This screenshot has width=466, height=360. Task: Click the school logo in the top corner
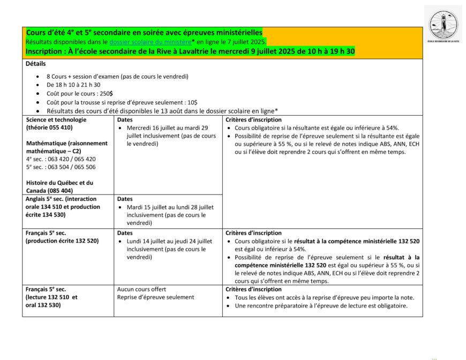click(443, 25)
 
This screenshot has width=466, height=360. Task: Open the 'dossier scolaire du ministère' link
click(151, 42)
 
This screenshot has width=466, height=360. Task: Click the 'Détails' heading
click(36, 63)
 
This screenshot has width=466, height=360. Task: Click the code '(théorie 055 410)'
click(49, 127)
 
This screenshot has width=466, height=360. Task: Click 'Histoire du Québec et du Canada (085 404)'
click(59, 186)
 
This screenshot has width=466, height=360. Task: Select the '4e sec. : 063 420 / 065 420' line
click(61, 159)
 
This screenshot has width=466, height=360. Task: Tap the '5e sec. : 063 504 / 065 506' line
click(61, 167)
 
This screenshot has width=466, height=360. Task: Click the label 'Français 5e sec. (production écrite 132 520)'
click(62, 237)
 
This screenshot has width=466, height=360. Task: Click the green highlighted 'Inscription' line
click(190, 51)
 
